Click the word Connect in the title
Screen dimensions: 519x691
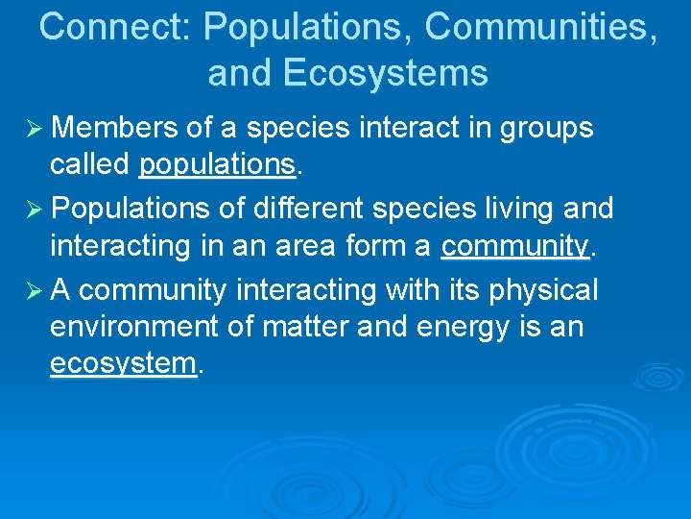point(114,27)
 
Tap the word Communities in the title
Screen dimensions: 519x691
point(541,27)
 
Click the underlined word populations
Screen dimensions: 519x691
point(217,165)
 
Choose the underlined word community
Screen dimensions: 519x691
point(514,246)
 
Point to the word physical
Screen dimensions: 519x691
point(544,288)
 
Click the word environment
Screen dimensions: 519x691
point(134,327)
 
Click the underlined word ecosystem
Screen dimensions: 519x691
point(123,365)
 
